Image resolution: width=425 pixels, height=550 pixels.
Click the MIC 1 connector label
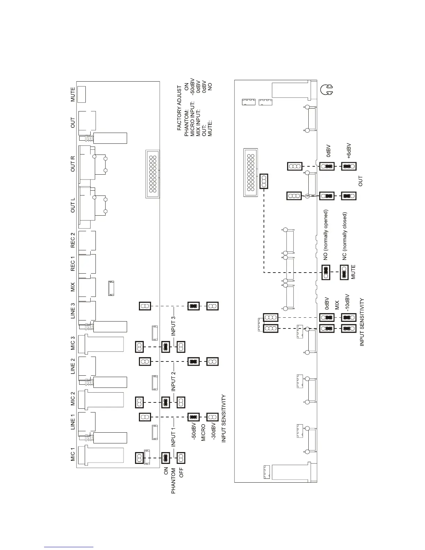pos(73,454)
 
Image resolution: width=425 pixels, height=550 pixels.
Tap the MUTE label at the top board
pos(73,94)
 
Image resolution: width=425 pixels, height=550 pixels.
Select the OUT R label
pos(73,164)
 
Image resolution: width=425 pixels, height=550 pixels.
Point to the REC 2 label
pos(73,240)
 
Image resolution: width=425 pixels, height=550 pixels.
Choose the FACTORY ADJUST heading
pos(179,108)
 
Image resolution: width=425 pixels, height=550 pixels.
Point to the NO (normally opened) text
pos(326,234)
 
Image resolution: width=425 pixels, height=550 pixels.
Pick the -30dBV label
pos(214,431)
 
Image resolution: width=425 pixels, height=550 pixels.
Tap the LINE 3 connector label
pos(73,311)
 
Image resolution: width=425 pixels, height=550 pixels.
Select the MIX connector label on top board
pos(73,287)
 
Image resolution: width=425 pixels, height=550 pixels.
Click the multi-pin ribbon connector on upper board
pos(152,174)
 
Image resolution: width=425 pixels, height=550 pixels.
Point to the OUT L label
pos(73,205)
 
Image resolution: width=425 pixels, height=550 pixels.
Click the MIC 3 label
pos(73,343)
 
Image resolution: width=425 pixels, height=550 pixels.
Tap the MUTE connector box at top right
pos(81,94)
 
